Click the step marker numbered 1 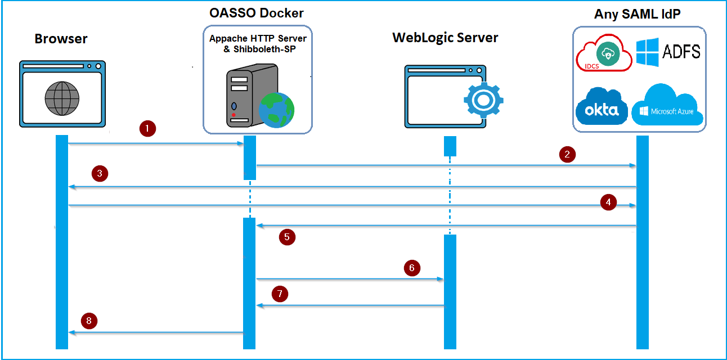coord(147,129)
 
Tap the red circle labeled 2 coord(567,154)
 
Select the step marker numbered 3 coord(99,173)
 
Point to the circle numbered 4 coord(608,202)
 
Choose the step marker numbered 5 coord(287,237)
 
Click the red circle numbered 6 coord(412,268)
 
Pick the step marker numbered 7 coord(280,293)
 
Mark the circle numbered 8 coord(89,321)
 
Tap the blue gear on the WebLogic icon coord(483,100)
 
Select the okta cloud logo coord(601,107)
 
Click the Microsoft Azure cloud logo coord(668,106)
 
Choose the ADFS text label coord(681,52)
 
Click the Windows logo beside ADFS coord(647,52)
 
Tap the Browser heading coord(61,39)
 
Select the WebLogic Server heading coord(445,38)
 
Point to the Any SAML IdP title coord(638,14)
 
